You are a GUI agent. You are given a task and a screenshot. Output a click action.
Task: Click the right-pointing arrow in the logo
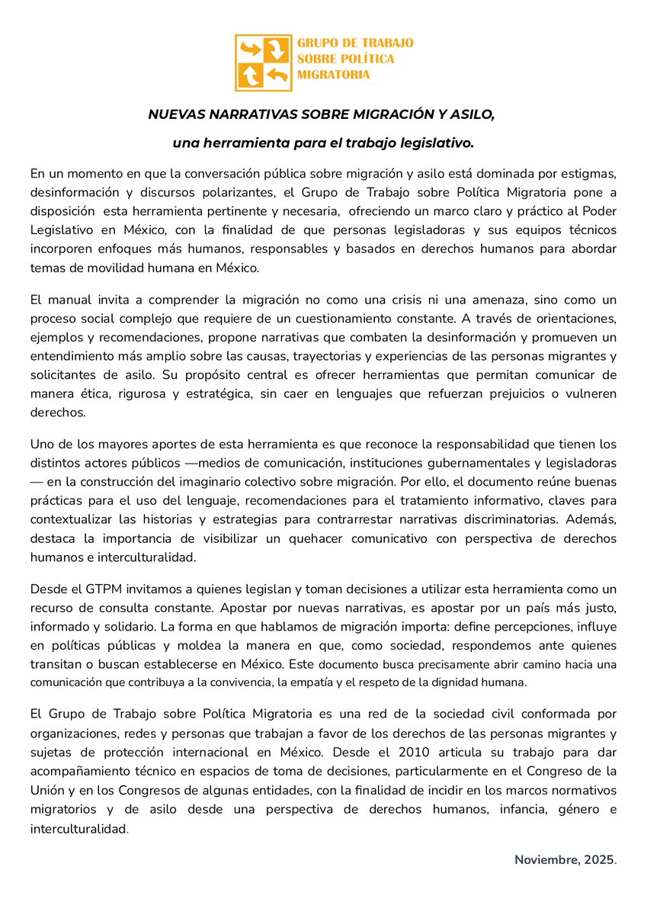[250, 50]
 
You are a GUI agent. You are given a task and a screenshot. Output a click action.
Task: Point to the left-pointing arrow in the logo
[277, 75]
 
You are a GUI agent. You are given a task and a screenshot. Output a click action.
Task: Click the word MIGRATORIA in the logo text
[334, 75]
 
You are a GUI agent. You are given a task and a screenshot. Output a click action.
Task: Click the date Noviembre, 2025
[564, 860]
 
